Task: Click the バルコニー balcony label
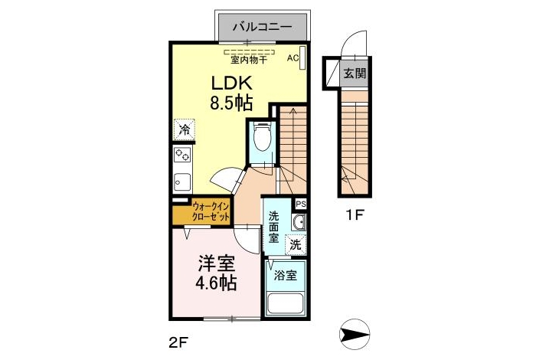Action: point(263,27)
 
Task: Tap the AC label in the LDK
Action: point(293,58)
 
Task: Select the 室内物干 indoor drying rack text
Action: point(249,60)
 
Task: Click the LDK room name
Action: point(232,83)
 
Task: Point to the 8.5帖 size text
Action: point(231,103)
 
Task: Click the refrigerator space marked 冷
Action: point(185,129)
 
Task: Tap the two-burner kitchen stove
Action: point(182,155)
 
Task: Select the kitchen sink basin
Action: point(182,182)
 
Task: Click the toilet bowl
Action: point(263,136)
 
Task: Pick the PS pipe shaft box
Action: point(300,205)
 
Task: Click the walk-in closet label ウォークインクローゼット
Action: point(211,211)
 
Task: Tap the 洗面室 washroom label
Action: point(273,227)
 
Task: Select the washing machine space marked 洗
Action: point(296,244)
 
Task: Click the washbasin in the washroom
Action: point(299,222)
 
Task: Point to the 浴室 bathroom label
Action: point(285,275)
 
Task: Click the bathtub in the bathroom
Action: point(285,304)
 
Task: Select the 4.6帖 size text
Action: point(216,283)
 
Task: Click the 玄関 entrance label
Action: point(355,74)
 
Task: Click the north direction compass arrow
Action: point(355,335)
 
